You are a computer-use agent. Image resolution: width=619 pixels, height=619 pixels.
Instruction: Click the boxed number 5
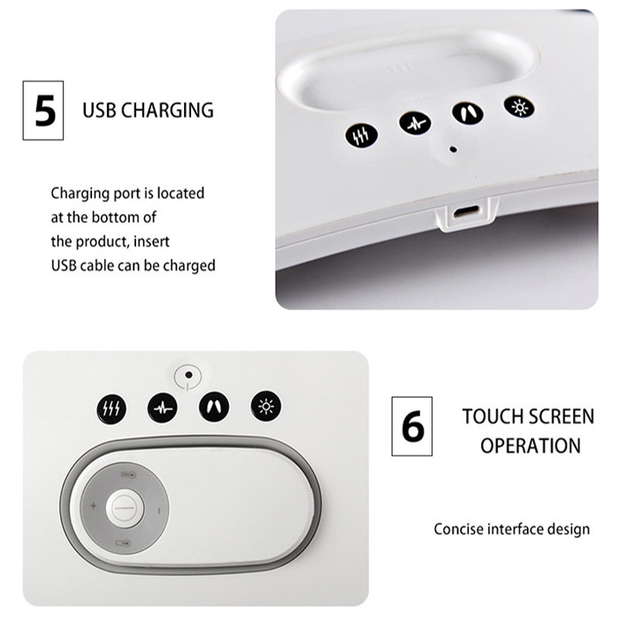[44, 111]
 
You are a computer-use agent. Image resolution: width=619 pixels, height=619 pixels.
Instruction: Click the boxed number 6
[413, 426]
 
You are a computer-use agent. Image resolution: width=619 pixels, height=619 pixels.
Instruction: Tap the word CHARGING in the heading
[167, 111]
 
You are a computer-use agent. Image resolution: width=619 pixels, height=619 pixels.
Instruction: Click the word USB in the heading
[99, 111]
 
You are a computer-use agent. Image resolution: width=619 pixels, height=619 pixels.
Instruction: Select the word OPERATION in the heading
[531, 446]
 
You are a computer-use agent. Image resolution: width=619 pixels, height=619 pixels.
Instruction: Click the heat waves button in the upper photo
[361, 135]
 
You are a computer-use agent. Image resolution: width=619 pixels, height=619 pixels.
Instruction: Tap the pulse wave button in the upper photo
[415, 123]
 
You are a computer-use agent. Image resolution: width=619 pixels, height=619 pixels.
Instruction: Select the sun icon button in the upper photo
[519, 107]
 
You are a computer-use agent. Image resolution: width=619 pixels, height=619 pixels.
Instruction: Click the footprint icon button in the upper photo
[468, 113]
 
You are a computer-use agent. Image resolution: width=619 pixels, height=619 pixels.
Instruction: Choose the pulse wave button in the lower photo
[163, 408]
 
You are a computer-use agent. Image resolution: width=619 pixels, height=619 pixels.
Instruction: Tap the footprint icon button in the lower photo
[214, 407]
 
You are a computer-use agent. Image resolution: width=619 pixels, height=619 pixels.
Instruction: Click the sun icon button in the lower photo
[266, 406]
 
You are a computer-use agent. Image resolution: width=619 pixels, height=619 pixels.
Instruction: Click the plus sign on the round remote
[94, 506]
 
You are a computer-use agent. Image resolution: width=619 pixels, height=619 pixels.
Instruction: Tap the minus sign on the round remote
[158, 511]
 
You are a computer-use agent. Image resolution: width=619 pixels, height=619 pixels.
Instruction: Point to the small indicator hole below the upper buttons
[454, 149]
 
